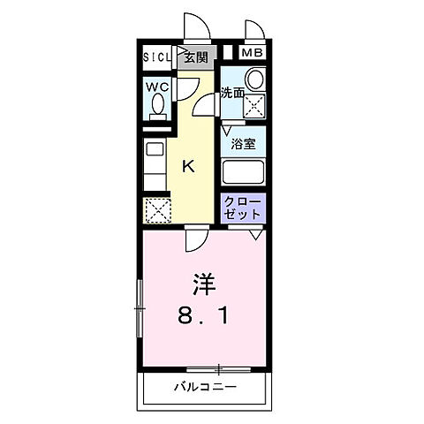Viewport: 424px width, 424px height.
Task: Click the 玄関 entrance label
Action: tap(195, 57)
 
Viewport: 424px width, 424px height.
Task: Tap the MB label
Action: tap(253, 53)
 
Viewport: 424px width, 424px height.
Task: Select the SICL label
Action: tap(159, 57)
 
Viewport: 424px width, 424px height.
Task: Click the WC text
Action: tap(158, 87)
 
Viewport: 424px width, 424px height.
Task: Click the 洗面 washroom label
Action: tap(232, 92)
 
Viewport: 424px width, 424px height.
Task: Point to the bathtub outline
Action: tap(244, 170)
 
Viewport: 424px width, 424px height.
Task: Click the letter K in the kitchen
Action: tap(188, 165)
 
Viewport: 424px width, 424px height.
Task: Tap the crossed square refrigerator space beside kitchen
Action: tap(157, 210)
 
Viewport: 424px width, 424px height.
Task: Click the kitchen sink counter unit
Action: tap(154, 163)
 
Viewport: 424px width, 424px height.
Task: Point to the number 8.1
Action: tap(204, 314)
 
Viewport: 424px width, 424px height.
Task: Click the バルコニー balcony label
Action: tap(204, 386)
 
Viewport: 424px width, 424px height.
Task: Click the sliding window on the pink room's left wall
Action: tap(139, 308)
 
